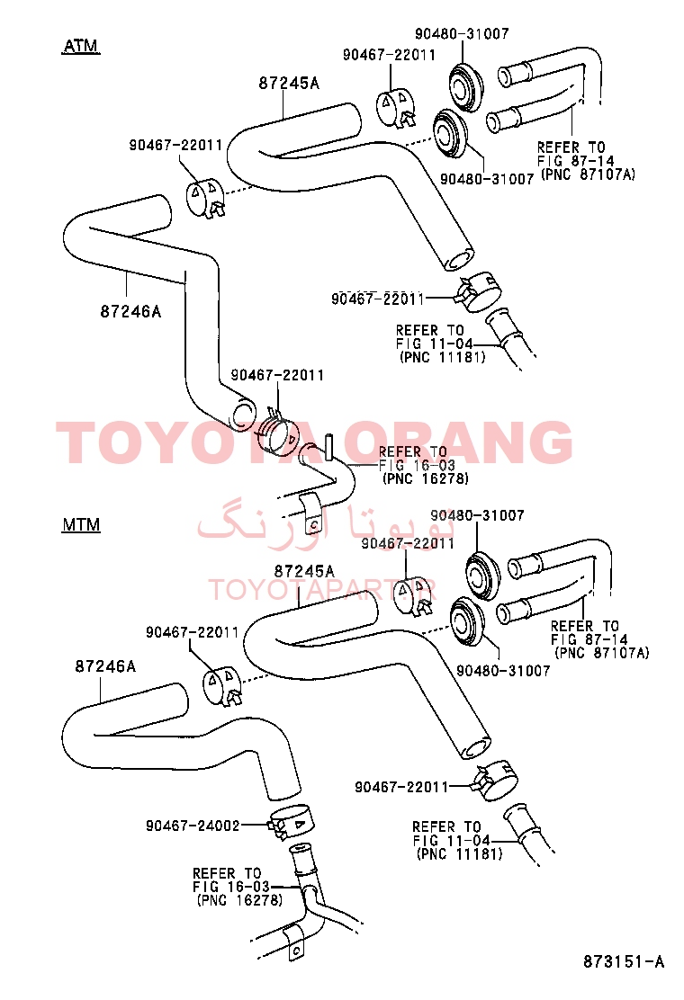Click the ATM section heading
point(81,46)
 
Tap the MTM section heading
point(81,525)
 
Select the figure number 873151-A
point(624,961)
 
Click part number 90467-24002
point(193,826)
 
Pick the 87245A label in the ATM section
point(289,83)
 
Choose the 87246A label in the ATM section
point(130,311)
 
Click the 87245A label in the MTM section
point(304,571)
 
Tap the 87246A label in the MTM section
point(106,666)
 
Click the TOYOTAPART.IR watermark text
point(322,590)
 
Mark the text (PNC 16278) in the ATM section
point(426,478)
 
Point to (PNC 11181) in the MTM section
point(459,853)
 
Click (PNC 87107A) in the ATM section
point(589,174)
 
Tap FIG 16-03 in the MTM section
point(231,887)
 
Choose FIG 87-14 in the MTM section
point(589,639)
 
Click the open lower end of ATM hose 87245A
point(459,261)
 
